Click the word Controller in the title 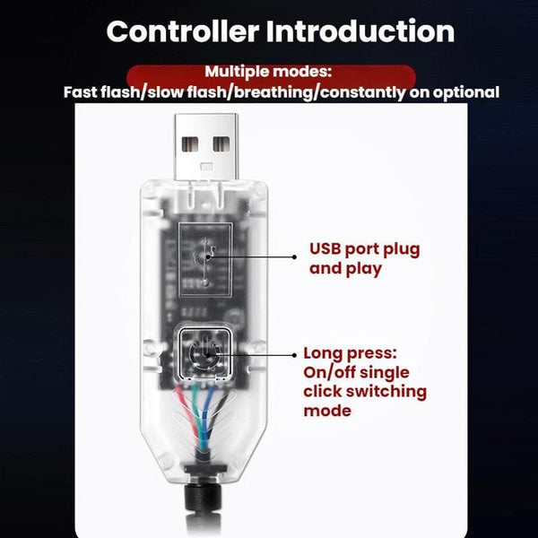181,31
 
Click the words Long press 347,353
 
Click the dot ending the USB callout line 294,256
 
